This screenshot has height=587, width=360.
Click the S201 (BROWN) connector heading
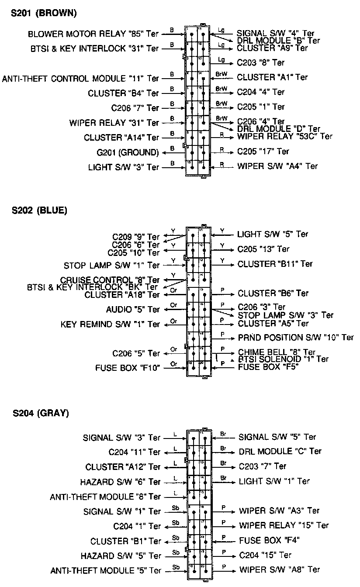coord(44,14)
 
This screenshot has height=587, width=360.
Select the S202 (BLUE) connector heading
coord(39,211)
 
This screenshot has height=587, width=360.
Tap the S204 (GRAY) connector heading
coord(40,413)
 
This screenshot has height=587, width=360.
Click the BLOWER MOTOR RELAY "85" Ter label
coord(93,34)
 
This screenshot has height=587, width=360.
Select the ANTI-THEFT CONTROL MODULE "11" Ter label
coord(81,79)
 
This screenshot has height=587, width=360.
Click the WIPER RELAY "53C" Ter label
coord(285,136)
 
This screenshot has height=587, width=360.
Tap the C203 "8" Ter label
coord(261,62)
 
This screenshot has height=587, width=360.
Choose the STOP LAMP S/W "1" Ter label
coord(112,265)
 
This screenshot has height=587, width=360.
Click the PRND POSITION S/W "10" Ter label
coord(296,338)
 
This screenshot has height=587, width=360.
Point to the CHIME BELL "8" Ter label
coord(277,352)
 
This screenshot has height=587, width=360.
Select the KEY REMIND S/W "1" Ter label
coord(111,325)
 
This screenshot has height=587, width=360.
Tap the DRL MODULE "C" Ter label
coord(280,451)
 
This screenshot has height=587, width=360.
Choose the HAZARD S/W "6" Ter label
coord(121,482)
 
